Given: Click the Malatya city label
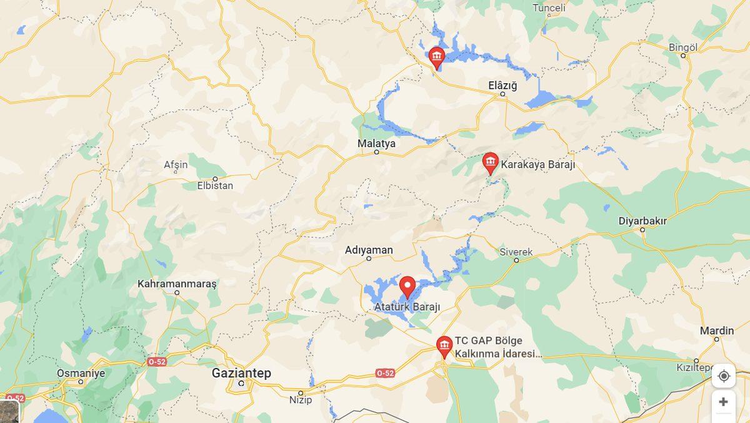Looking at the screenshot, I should click(x=376, y=143).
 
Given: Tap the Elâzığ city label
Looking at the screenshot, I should click(x=502, y=86).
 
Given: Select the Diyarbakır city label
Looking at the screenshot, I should click(x=642, y=221).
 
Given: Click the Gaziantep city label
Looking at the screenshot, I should click(x=241, y=373).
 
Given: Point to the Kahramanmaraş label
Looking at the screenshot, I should click(x=177, y=283).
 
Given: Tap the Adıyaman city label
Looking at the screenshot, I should click(x=369, y=250).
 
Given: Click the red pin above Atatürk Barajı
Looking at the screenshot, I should click(x=407, y=287).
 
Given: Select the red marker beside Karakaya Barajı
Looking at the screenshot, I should click(x=491, y=163).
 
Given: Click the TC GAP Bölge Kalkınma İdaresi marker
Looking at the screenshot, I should click(x=444, y=346).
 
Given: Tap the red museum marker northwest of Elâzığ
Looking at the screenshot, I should click(x=436, y=58).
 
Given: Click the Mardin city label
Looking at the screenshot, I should click(x=717, y=330).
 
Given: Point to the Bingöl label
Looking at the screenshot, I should click(x=682, y=48).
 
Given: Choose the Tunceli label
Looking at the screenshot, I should click(x=549, y=8).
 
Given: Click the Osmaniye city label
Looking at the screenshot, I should click(x=81, y=373).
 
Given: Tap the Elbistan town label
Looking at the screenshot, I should click(x=215, y=185).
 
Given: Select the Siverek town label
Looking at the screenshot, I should click(x=516, y=252).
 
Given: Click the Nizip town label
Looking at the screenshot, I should click(x=301, y=400).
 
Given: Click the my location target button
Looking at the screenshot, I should click(x=724, y=375).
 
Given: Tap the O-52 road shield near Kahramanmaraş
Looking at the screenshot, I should click(x=156, y=362).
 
